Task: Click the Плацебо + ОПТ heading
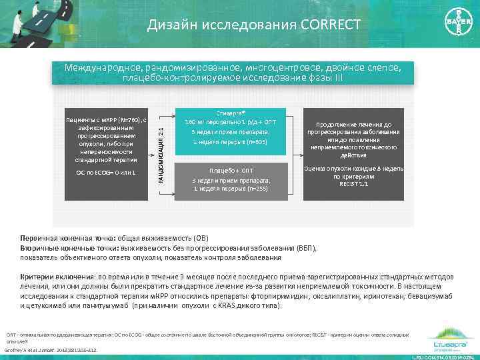tap(231, 171)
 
